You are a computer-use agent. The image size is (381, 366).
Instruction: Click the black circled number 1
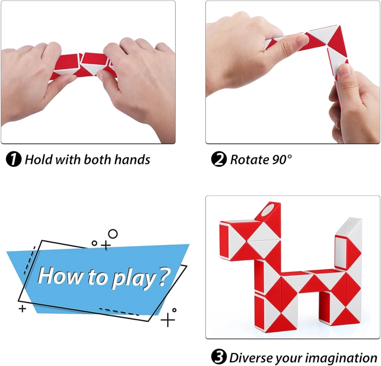[x=14, y=159]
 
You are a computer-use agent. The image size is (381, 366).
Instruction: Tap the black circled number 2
[x=219, y=159]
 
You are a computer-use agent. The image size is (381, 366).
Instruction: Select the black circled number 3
[x=219, y=357]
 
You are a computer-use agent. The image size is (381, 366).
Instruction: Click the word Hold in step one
[x=39, y=160]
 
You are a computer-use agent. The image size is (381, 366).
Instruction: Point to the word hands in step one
[x=132, y=160]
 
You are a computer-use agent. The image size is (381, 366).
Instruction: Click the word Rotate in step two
[x=249, y=160]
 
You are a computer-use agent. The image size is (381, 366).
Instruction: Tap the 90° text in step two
[x=281, y=160]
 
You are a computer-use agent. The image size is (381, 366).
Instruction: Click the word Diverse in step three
[x=251, y=358]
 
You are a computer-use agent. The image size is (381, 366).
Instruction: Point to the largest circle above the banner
[x=113, y=234]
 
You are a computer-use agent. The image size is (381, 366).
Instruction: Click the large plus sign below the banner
[x=168, y=320]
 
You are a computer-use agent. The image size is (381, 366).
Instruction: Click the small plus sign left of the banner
[x=22, y=309]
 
